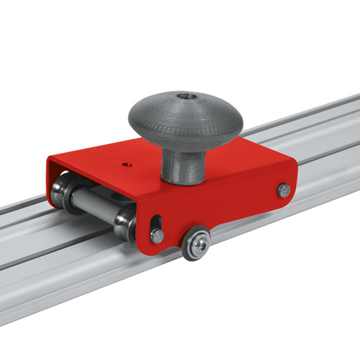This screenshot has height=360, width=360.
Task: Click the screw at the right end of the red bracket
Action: tap(283, 190)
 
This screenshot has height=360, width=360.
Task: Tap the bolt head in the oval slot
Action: tap(158, 235)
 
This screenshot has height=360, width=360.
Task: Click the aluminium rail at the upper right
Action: tap(320, 128)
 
